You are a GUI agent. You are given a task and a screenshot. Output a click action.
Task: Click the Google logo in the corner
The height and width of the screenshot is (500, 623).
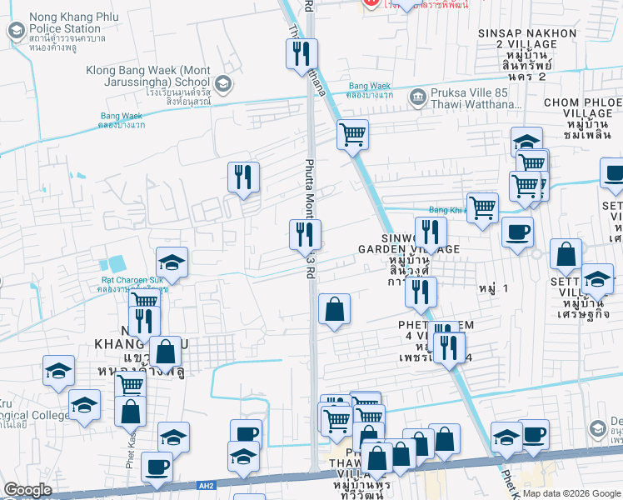click(x=27, y=489)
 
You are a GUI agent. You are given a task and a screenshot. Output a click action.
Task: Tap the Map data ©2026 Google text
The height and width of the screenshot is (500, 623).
click(x=571, y=492)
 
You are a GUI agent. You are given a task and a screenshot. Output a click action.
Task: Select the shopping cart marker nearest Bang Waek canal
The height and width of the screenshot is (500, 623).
click(x=353, y=133)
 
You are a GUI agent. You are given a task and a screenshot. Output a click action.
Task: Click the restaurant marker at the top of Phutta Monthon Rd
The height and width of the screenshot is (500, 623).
click(x=301, y=55)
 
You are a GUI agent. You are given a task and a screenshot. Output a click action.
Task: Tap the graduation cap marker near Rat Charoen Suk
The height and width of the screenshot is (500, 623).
click(x=172, y=262)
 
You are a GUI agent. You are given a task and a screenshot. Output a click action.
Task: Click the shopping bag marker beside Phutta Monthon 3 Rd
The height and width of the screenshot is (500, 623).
click(x=334, y=310)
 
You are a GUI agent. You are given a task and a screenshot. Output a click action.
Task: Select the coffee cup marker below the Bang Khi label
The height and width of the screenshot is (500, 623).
click(x=517, y=232)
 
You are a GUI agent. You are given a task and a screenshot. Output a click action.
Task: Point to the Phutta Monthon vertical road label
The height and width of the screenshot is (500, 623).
click(x=309, y=192)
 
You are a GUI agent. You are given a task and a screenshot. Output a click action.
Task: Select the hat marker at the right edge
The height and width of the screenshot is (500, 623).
click(x=613, y=174)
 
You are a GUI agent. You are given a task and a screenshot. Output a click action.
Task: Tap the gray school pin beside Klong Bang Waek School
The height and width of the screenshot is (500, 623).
click(x=223, y=83)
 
